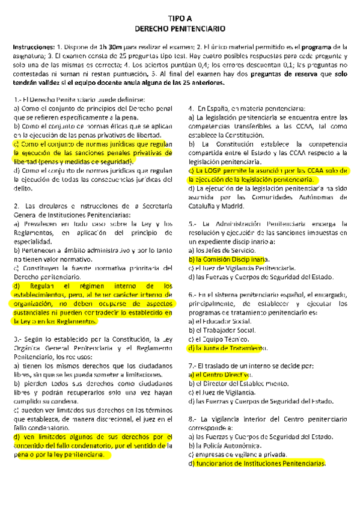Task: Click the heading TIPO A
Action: [180, 19]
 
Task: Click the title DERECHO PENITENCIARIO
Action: [180, 28]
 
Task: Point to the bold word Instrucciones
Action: [32, 46]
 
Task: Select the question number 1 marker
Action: [16, 100]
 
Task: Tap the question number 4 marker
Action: [191, 100]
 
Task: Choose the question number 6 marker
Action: [191, 295]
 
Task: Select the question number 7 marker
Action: [191, 366]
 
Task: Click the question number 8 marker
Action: [191, 419]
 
